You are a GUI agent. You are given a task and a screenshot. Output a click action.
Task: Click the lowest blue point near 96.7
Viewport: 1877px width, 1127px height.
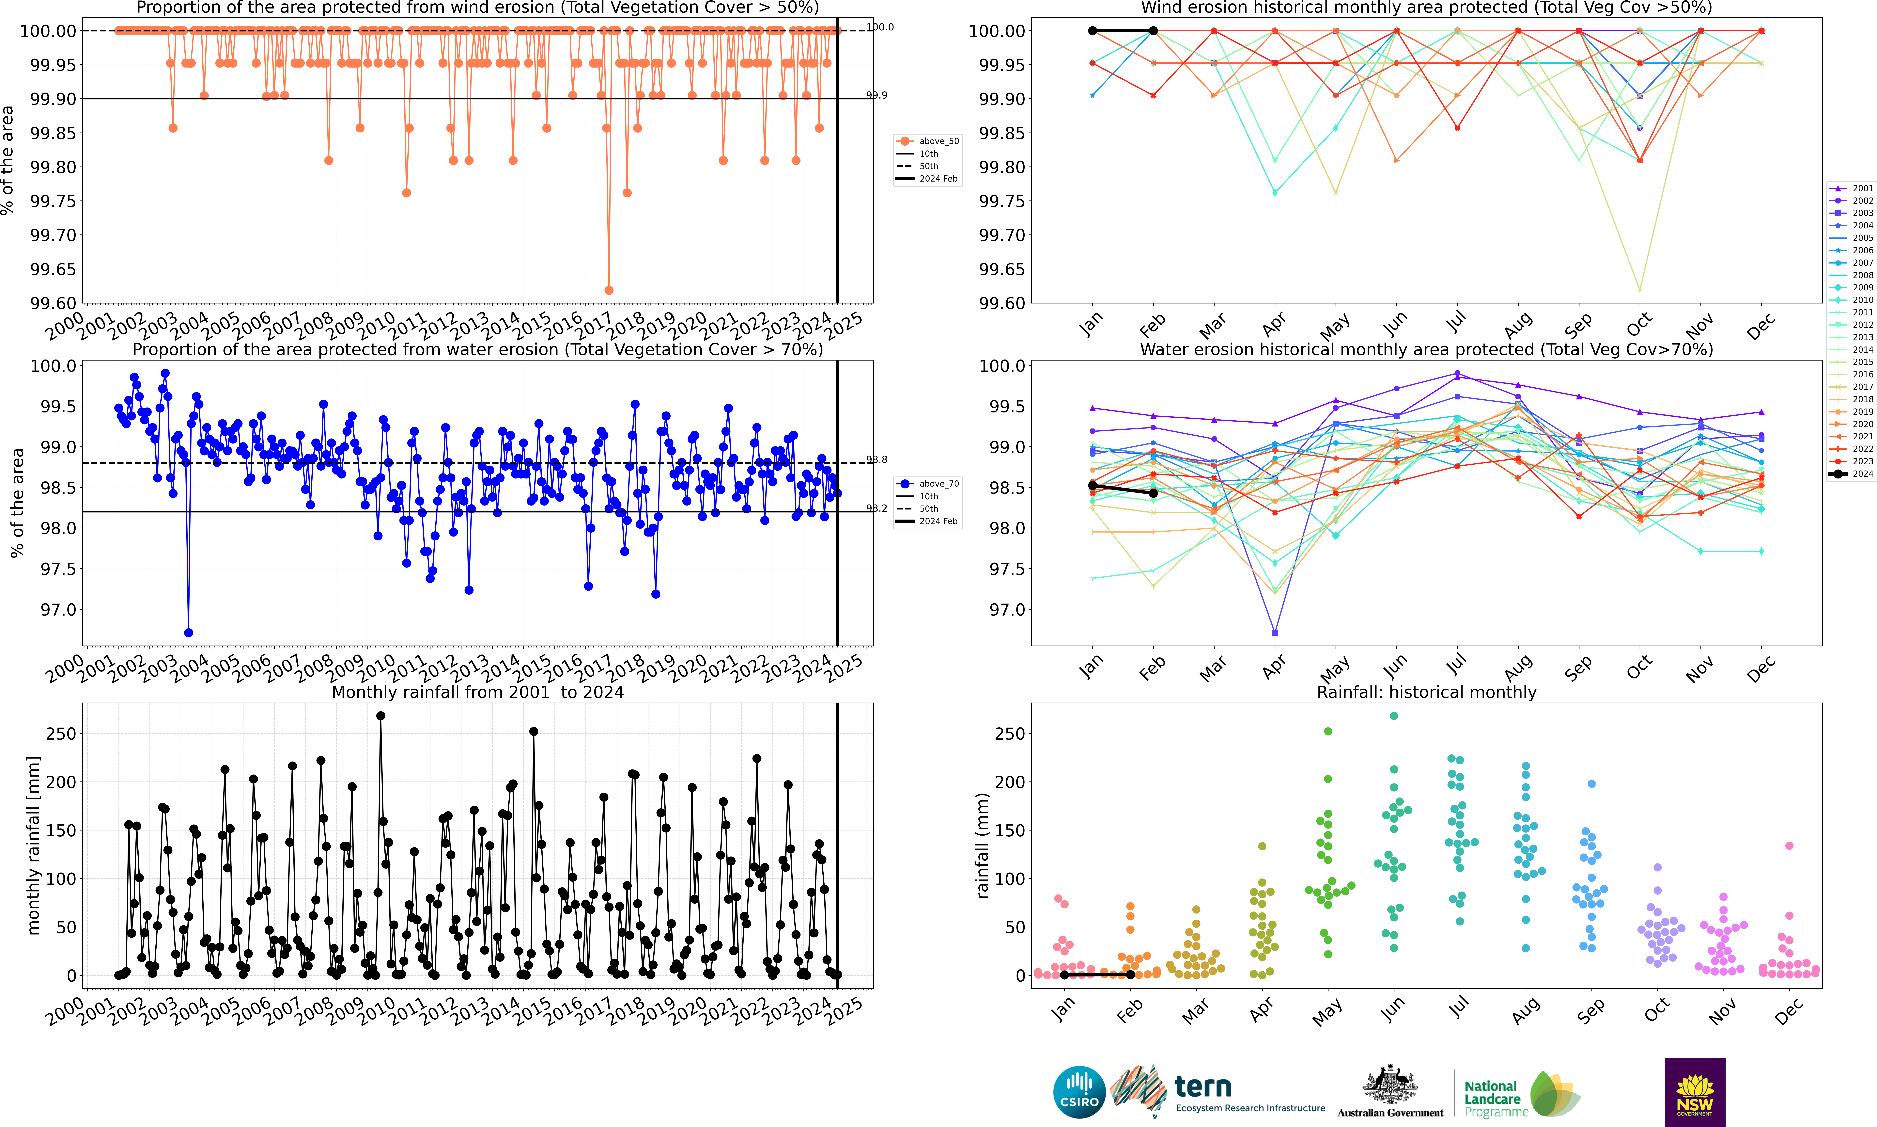(188, 633)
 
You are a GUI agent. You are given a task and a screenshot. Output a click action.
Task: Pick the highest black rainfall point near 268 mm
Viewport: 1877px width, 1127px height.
(380, 715)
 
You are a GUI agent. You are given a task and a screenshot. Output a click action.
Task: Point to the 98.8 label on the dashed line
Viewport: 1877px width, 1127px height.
(877, 459)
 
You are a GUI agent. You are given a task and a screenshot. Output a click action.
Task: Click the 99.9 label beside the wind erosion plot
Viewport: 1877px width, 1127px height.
(877, 95)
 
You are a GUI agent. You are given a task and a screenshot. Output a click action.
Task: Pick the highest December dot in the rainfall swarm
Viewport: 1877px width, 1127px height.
(1789, 845)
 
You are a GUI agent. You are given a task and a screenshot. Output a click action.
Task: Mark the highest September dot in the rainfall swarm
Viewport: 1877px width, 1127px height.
(1592, 784)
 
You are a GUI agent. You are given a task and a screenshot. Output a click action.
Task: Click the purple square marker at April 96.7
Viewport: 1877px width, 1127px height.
(1275, 633)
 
